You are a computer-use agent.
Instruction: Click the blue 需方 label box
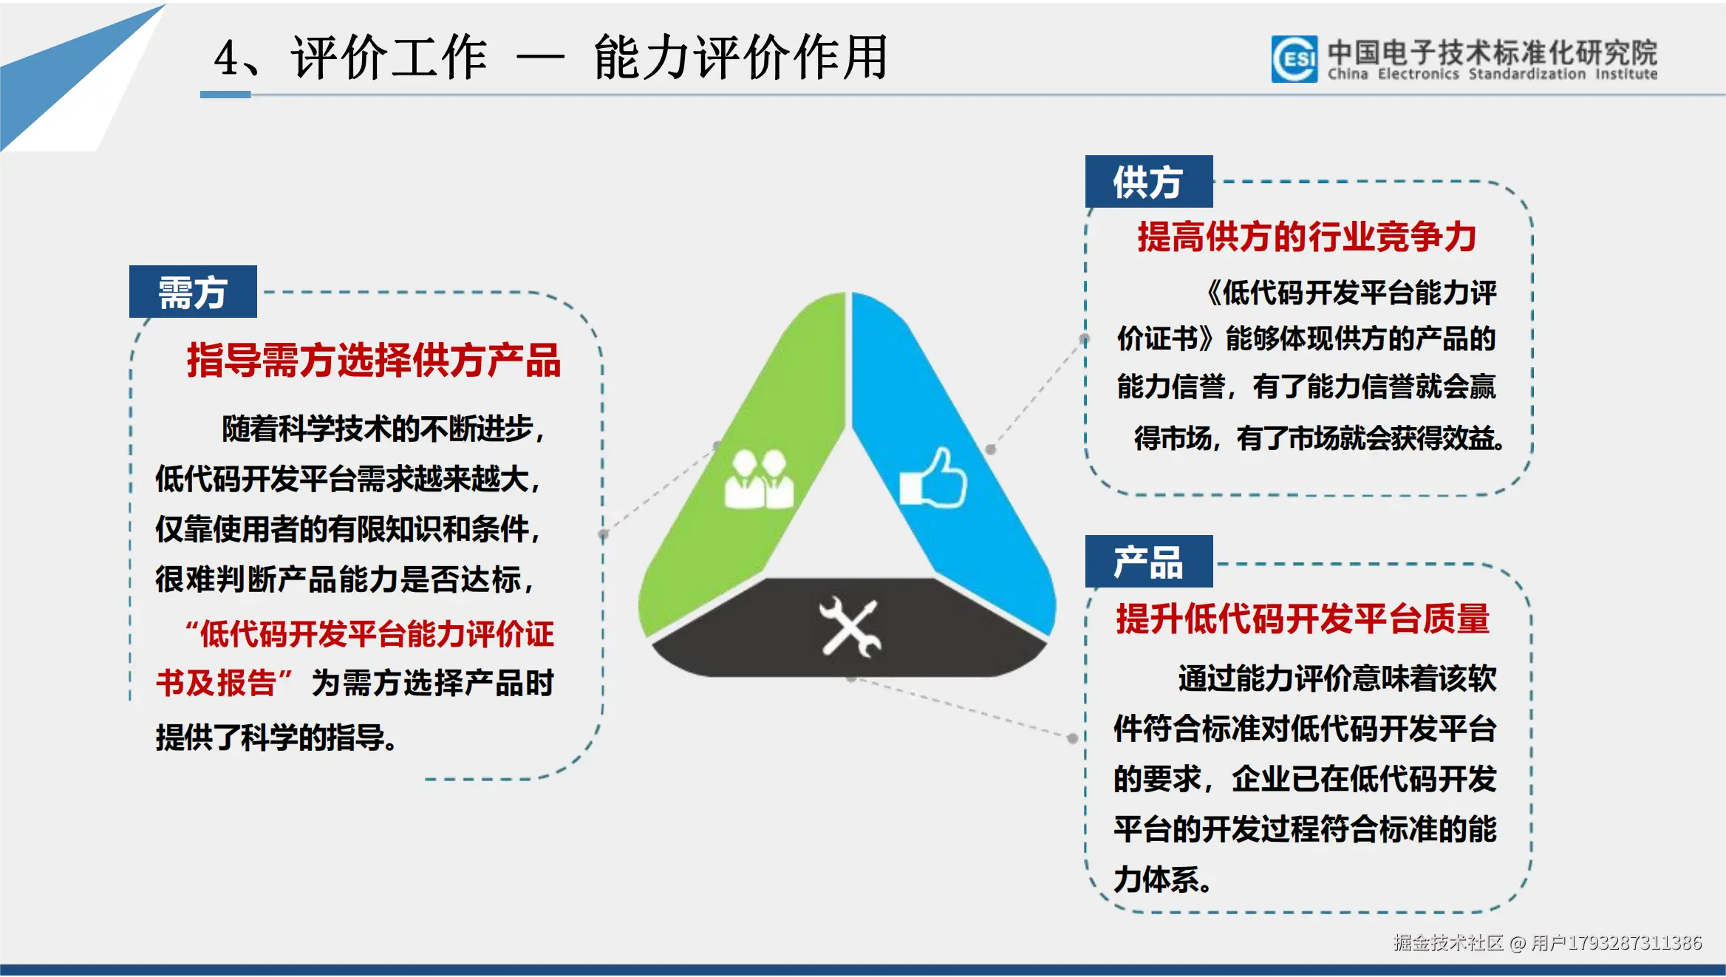[193, 292]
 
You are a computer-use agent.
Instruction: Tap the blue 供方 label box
[1148, 182]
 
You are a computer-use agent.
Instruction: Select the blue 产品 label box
[1148, 562]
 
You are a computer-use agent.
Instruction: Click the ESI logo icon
[1294, 58]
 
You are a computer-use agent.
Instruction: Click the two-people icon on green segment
[759, 480]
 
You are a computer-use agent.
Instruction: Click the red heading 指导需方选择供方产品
[374, 361]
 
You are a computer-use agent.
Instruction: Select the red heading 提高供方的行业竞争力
[1306, 237]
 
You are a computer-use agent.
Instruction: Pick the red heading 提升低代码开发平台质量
[1303, 619]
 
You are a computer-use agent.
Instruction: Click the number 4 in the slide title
[226, 58]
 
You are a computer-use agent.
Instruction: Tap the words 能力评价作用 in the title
[740, 58]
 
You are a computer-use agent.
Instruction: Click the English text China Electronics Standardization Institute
[1492, 75]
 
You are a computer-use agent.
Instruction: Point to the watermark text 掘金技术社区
[1447, 942]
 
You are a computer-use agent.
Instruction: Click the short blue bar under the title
[225, 95]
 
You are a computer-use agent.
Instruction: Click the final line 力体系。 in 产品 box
[1162, 879]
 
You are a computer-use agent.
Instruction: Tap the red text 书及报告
[216, 683]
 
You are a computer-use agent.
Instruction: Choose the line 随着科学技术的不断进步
[383, 429]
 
